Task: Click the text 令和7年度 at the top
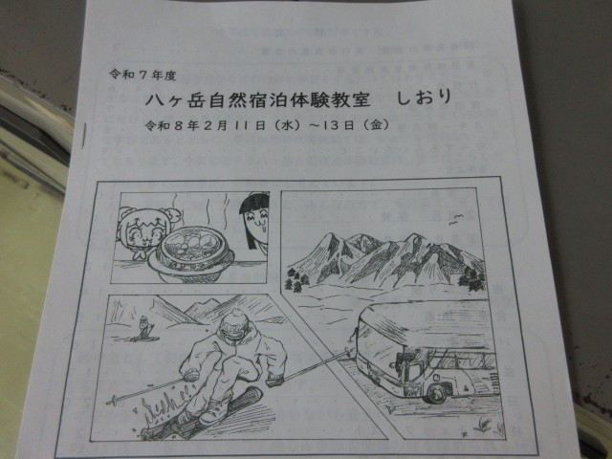142,75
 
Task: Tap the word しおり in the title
425,98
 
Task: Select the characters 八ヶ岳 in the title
176,100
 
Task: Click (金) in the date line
376,124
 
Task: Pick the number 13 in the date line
332,125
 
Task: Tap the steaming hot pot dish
190,254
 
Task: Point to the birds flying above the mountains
456,220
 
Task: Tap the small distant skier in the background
143,327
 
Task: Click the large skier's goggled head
233,326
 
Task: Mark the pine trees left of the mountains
296,279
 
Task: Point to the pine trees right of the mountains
471,278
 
